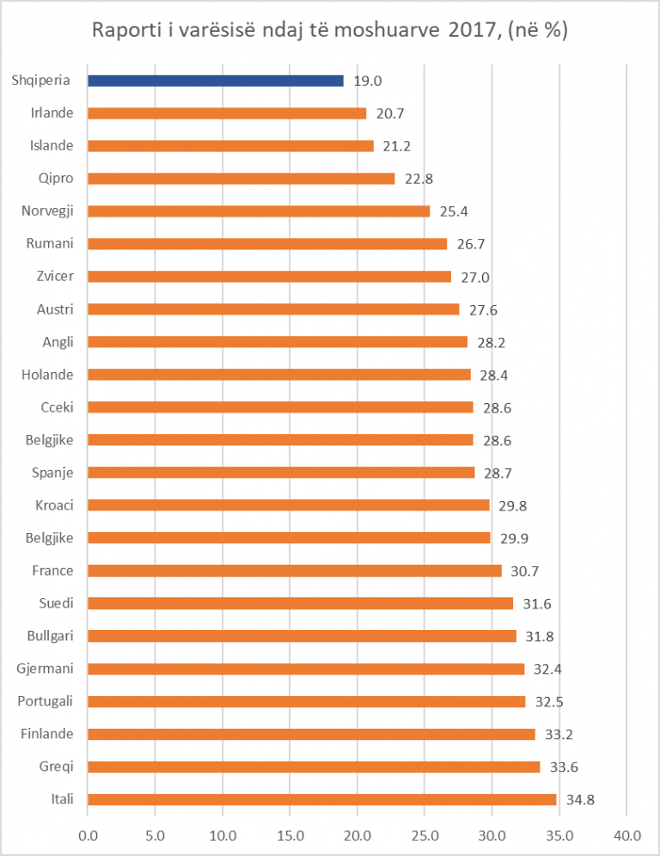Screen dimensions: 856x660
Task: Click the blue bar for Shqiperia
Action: click(215, 81)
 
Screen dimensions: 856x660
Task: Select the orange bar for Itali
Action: click(321, 799)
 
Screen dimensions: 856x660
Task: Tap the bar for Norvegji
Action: click(258, 211)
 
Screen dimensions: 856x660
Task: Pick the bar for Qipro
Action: click(241, 179)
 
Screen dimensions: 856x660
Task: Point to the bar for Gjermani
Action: click(305, 669)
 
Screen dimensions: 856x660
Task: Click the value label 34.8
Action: click(581, 800)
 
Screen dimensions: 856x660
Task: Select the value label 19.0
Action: click(367, 81)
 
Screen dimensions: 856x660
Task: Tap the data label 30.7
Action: click(525, 571)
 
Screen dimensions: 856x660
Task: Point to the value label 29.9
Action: click(514, 538)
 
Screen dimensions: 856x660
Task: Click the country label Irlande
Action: click(52, 113)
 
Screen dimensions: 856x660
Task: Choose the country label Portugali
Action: click(46, 701)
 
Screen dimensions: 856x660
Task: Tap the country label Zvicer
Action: click(55, 276)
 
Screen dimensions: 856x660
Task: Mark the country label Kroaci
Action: click(54, 504)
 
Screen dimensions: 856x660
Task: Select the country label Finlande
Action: click(47, 734)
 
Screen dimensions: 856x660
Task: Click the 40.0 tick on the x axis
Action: click(626, 835)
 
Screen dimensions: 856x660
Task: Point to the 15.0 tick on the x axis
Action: click(290, 835)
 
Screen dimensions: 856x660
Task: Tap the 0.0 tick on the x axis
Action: click(88, 835)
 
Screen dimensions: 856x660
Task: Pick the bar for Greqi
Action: click(314, 767)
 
